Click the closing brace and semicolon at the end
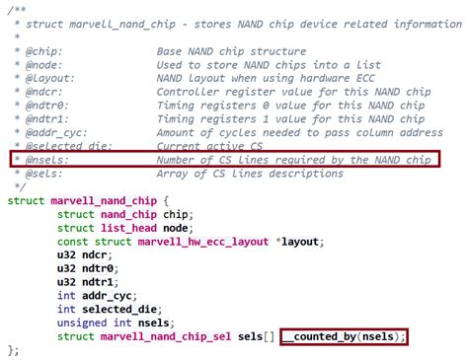coord(14,352)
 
